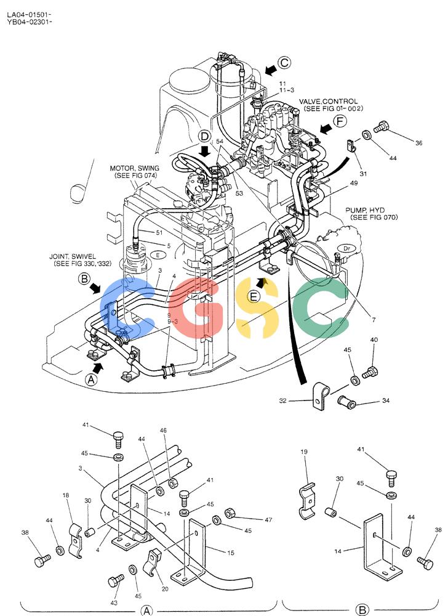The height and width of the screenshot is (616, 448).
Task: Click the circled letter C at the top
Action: pyautogui.click(x=284, y=62)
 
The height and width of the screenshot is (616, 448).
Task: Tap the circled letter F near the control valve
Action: pyautogui.click(x=340, y=121)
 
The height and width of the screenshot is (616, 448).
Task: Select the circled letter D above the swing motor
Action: pyautogui.click(x=204, y=137)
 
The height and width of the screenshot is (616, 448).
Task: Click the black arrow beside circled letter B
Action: pyautogui.click(x=95, y=288)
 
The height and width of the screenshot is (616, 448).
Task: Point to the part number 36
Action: pyautogui.click(x=419, y=143)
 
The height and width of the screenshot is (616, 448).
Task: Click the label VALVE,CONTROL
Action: pyautogui.click(x=329, y=102)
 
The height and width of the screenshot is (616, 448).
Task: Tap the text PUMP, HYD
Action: pyautogui.click(x=365, y=210)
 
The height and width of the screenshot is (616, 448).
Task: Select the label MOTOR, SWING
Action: pyautogui.click(x=135, y=169)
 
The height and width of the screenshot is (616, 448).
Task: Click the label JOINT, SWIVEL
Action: pyautogui.click(x=73, y=256)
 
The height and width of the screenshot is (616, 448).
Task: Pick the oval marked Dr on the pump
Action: pyautogui.click(x=346, y=248)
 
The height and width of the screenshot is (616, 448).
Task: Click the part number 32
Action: pyautogui.click(x=283, y=401)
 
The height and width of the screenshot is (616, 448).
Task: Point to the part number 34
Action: pyautogui.click(x=386, y=401)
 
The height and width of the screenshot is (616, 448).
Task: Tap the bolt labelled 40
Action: pyautogui.click(x=370, y=371)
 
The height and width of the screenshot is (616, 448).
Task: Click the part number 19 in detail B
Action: pyautogui.click(x=304, y=452)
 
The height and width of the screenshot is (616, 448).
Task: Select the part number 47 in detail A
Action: pyautogui.click(x=268, y=520)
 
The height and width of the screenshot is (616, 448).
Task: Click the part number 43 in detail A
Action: pyautogui.click(x=114, y=602)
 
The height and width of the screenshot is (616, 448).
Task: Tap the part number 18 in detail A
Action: pyautogui.click(x=66, y=495)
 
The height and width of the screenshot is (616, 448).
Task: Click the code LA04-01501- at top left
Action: pyautogui.click(x=30, y=15)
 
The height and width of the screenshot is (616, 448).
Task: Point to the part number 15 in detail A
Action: pyautogui.click(x=231, y=553)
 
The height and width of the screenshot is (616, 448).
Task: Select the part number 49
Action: pyautogui.click(x=354, y=183)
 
